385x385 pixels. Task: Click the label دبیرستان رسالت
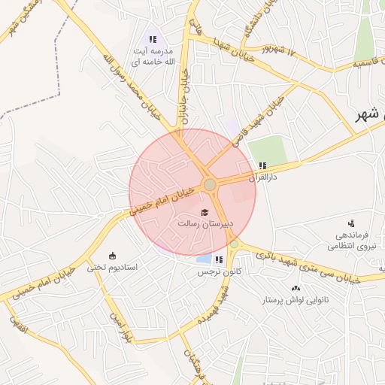(205, 224)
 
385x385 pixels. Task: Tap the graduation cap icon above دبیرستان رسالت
(205, 213)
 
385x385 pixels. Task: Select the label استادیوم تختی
(112, 266)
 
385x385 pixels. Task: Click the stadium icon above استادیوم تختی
(113, 255)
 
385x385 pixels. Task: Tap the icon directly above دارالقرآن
(262, 165)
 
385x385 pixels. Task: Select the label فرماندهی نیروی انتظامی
(352, 240)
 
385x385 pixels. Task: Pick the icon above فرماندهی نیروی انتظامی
(351, 223)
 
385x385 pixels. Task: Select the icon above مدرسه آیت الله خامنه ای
(153, 39)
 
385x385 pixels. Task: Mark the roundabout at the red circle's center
(211, 184)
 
